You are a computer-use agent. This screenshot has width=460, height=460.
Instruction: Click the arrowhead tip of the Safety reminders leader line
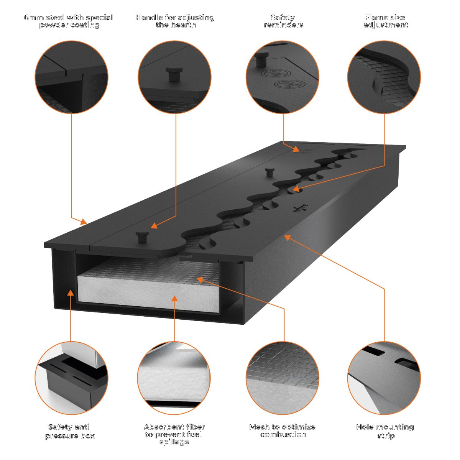299,151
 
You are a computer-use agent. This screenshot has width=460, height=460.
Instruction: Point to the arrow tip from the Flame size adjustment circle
292,189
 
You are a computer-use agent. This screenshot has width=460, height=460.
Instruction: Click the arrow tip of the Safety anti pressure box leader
71,290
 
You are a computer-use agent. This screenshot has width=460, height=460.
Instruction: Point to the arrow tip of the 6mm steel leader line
87,224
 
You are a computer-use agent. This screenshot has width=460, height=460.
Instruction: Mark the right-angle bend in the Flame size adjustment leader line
384,166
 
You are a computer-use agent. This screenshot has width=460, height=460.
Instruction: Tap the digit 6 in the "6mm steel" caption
26,17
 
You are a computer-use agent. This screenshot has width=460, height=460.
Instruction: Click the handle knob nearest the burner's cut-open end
142,237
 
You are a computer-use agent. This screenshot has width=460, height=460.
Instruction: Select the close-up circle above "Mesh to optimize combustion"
283,378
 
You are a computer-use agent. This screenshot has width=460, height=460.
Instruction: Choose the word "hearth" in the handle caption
183,25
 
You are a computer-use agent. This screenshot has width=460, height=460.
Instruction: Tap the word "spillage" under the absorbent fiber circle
174,442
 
